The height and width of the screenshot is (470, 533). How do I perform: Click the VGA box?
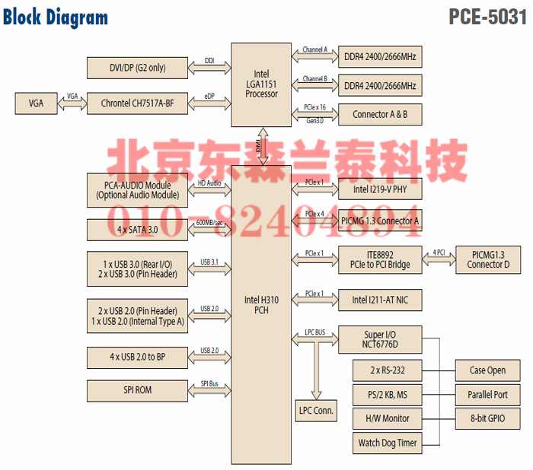(35, 103)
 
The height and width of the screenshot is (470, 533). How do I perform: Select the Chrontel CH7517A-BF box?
(137, 103)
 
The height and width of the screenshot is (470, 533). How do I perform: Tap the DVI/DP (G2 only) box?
(137, 68)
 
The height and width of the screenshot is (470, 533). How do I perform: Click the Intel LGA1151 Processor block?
(261, 85)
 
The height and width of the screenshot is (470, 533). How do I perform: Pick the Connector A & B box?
(379, 115)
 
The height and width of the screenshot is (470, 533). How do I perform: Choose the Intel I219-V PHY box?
(379, 190)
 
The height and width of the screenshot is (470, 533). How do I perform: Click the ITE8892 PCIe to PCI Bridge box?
(379, 259)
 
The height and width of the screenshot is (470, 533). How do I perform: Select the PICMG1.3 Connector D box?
(488, 259)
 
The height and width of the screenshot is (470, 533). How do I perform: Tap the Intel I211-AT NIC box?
(379, 300)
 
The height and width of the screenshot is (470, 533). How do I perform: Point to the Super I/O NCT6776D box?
(379, 339)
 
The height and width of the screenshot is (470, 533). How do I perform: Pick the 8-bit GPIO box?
(488, 418)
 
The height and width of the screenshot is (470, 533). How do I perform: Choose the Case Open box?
(488, 371)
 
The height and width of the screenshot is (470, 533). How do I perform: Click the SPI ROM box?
(137, 390)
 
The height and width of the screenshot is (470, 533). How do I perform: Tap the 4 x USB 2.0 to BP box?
(137, 356)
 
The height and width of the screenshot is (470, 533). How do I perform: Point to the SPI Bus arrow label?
(209, 384)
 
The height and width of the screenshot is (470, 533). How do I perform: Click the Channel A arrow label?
(314, 50)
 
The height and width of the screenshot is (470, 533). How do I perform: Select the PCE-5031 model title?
(487, 17)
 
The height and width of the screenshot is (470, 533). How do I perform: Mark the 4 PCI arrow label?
(439, 252)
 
